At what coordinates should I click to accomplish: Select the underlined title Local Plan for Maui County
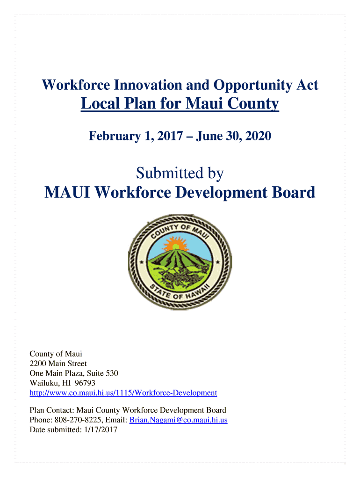pyautogui.click(x=180, y=103)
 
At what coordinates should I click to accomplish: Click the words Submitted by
pyautogui.click(x=180, y=174)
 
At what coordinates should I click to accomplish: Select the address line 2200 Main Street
pyautogui.click(x=58, y=363)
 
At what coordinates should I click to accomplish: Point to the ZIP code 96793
pyautogui.click(x=86, y=383)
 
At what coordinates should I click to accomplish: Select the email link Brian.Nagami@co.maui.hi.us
pyautogui.click(x=178, y=420)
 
